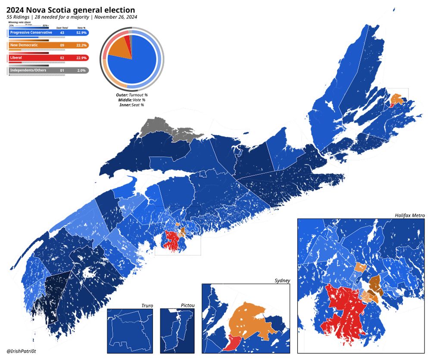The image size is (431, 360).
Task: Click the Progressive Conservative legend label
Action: click(31, 33)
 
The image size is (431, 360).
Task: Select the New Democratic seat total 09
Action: click(62, 45)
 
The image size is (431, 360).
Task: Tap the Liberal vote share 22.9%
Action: click(81, 58)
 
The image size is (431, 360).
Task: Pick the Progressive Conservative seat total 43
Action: click(62, 33)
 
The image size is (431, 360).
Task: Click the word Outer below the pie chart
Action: click(122, 95)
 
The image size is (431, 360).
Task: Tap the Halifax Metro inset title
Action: click(409, 215)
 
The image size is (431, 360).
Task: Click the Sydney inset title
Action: click(282, 280)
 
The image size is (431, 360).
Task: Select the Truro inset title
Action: click(147, 306)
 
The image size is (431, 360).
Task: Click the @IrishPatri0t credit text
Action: click(22, 352)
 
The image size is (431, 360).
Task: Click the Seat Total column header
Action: click(62, 28)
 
